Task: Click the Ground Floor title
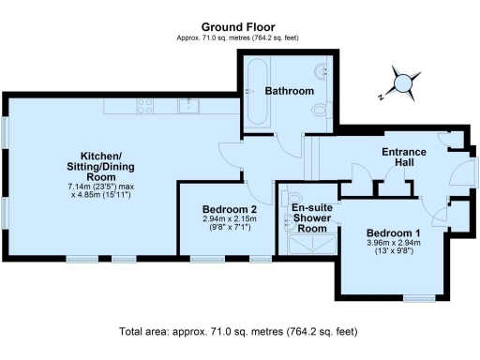(x=239, y=27)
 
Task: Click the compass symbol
(x=404, y=83)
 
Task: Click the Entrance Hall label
(x=404, y=157)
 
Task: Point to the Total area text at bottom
(x=238, y=332)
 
